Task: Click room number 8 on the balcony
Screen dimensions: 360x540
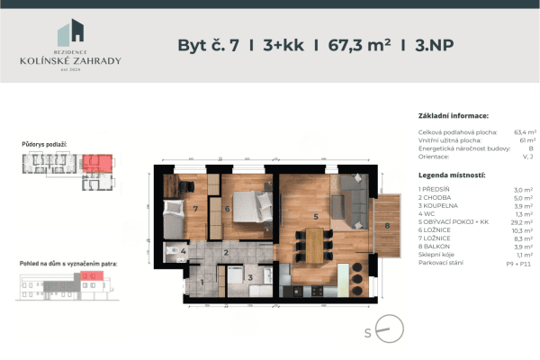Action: [388, 226]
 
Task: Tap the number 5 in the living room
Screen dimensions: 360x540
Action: [315, 216]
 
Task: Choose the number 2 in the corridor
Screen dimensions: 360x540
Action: [227, 254]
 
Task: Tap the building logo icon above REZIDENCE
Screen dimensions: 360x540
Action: [71, 33]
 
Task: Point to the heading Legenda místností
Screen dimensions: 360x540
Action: [452, 174]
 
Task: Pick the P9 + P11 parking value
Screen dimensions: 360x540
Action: [522, 262]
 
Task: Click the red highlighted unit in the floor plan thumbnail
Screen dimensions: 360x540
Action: [98, 163]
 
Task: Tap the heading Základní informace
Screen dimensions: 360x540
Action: [454, 116]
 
